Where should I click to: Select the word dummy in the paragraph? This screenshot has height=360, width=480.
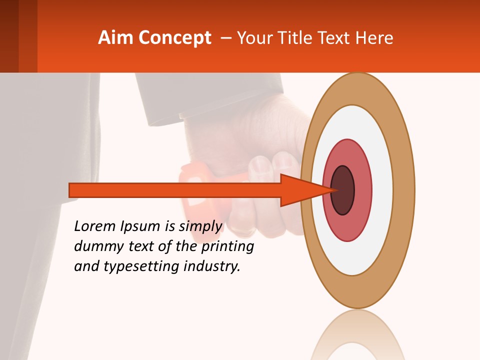pos(96,246)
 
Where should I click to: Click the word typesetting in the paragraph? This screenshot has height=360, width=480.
pos(138,267)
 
